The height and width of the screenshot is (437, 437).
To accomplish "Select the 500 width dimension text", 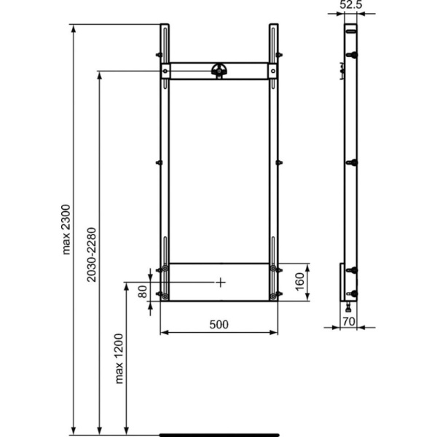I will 220,324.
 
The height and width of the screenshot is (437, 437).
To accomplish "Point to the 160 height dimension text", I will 299,282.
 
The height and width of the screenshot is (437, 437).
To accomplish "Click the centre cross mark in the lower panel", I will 221,281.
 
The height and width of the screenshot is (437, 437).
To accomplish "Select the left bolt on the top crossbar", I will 165,71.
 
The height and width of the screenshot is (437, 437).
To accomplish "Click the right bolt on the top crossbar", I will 274,71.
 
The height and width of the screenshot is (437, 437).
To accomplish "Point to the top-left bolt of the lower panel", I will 165,268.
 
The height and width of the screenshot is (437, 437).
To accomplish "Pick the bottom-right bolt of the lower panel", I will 274,296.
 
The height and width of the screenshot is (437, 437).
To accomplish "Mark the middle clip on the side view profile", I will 353,162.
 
